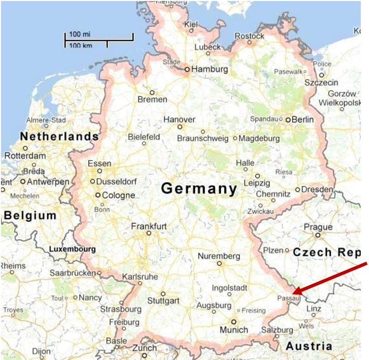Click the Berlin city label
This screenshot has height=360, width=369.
pos(303,119)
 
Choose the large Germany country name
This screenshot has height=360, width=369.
pos(199,189)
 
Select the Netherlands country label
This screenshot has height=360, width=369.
pos(59,137)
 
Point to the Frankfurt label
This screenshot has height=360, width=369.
pos(149,226)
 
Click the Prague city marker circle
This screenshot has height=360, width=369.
pos(318,235)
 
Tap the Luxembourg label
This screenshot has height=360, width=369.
pos(72,249)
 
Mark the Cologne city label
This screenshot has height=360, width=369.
pos(118,195)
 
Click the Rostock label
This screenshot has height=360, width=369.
pos(249,36)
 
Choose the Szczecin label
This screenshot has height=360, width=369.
pos(321,83)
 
